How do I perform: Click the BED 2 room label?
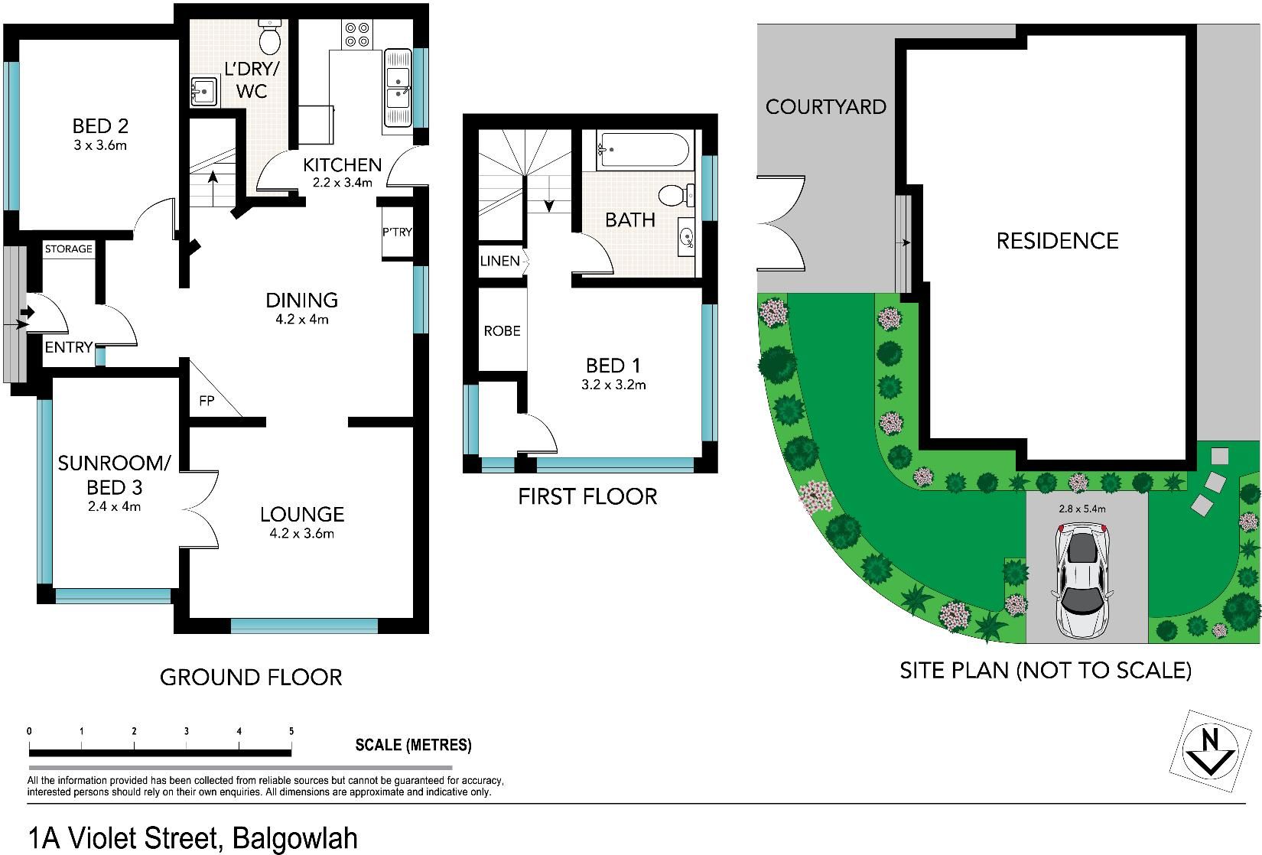pyautogui.click(x=100, y=125)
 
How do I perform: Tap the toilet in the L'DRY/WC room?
pyautogui.click(x=270, y=35)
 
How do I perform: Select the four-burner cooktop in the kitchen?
pyautogui.click(x=357, y=34)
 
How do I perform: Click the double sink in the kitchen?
pyautogui.click(x=398, y=87)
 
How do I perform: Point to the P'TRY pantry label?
pyautogui.click(x=397, y=232)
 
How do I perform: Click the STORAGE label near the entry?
pyautogui.click(x=69, y=249)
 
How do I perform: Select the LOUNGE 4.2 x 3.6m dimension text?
pyautogui.click(x=302, y=533)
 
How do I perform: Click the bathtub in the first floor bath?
pyautogui.click(x=642, y=150)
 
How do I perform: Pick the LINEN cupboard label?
pyautogui.click(x=499, y=262)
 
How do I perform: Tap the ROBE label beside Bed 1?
pyautogui.click(x=502, y=331)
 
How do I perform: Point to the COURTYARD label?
pyautogui.click(x=826, y=107)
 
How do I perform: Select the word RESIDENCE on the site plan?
pyautogui.click(x=1058, y=241)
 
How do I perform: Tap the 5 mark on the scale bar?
pyautogui.click(x=291, y=732)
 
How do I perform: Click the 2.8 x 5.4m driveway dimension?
pyautogui.click(x=1082, y=509)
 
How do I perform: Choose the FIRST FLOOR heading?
pyautogui.click(x=587, y=497)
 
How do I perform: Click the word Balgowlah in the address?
pyautogui.click(x=294, y=838)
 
